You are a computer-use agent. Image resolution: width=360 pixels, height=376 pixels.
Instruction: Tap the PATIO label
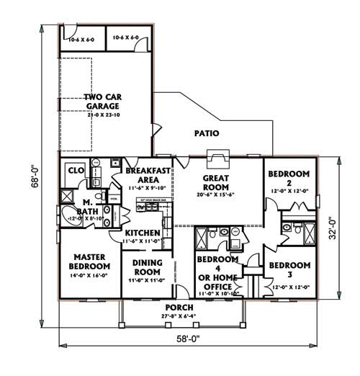pos(207,133)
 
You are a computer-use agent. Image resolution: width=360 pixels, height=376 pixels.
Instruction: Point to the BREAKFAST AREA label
pos(147,175)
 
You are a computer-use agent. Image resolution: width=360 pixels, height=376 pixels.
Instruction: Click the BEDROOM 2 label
pos(289,178)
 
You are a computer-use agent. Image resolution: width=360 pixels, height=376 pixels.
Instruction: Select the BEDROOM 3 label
pos(289,269)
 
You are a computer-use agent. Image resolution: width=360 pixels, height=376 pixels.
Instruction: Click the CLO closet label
pos(76,171)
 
